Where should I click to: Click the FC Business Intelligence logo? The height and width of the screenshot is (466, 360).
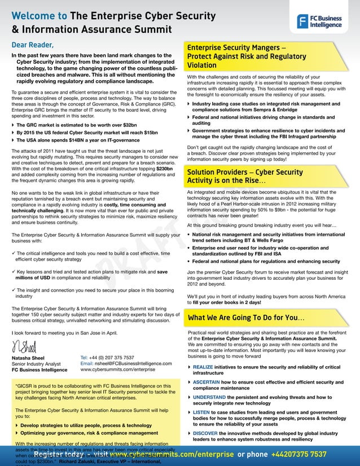pos(319,21)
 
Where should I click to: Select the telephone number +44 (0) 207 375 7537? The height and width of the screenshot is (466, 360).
pos(107,358)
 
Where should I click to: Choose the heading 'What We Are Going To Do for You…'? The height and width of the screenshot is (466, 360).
pos(246,318)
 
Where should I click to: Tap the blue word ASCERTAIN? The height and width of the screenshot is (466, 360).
pos(210,382)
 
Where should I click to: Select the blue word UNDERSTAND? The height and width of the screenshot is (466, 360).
pos(214,397)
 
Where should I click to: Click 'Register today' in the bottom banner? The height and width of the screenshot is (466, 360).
pos(58,454)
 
